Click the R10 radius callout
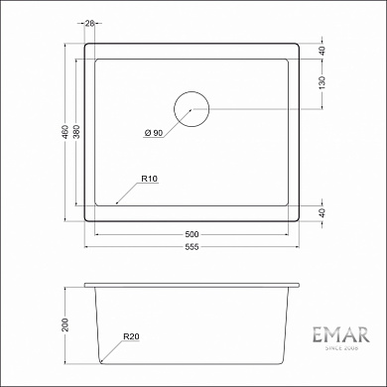pos(149,180)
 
